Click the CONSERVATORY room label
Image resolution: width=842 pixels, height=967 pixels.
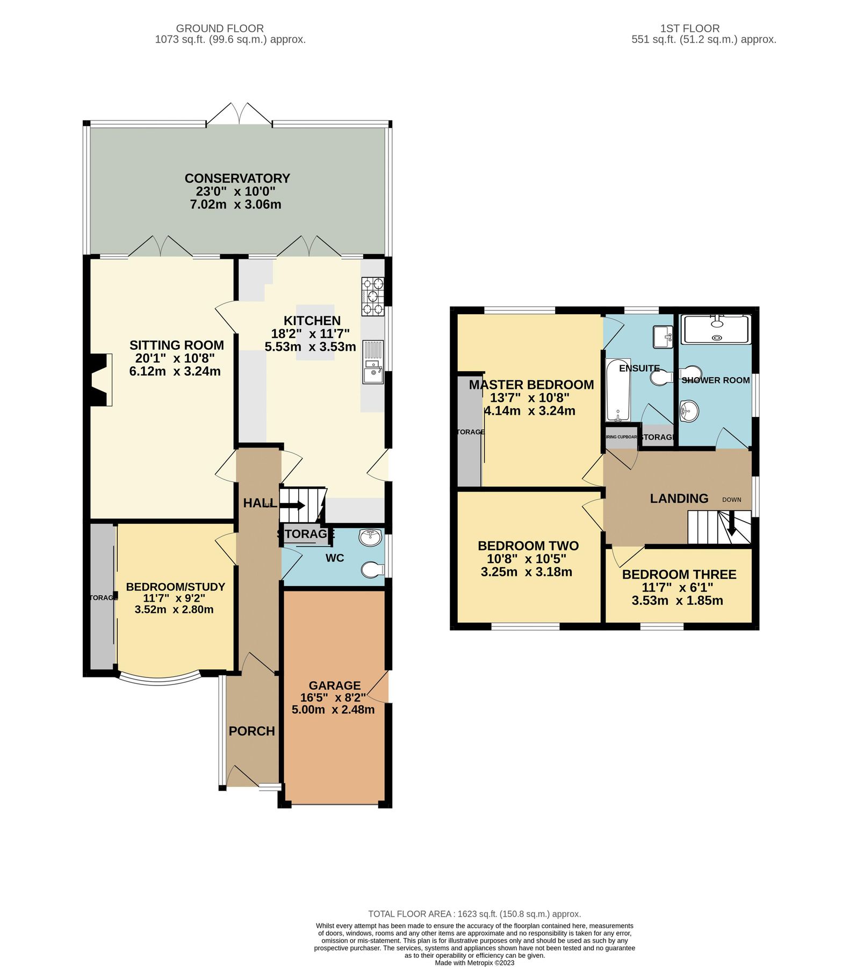point(237,178)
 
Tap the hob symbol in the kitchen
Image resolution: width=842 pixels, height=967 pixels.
point(373,296)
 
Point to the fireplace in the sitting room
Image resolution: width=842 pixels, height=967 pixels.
point(100,379)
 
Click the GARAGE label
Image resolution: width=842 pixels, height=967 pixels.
point(334,685)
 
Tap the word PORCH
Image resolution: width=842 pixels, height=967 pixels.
point(251,731)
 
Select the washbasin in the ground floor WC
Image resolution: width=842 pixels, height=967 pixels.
point(370,537)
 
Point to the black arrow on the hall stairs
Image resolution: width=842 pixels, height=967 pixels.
point(292,505)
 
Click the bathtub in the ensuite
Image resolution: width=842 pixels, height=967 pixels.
point(618,390)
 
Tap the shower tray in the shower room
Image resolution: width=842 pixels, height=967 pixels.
point(715,329)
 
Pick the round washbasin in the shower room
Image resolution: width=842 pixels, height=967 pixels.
point(689,412)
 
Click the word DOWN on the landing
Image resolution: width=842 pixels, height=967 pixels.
point(731,500)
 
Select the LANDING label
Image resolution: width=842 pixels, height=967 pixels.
point(679,499)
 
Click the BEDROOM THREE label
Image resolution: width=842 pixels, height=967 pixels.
point(679,574)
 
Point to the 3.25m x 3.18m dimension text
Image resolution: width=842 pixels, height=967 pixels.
point(526,572)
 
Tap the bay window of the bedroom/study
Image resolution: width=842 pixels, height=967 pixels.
point(160,681)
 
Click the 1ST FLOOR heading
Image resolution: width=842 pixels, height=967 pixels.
point(689,28)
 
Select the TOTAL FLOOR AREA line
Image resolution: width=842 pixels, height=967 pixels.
point(474,914)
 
